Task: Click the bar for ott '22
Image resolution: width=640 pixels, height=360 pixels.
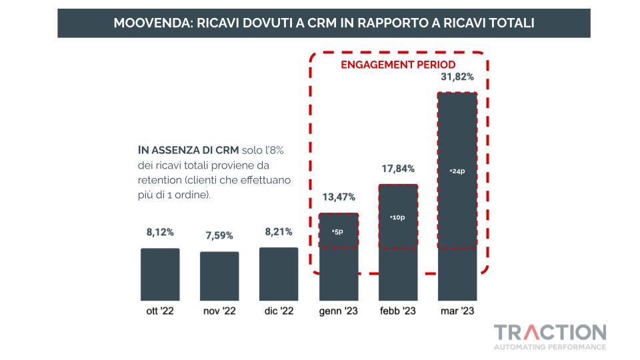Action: (x=160, y=274)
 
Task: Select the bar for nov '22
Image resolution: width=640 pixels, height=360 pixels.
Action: (x=219, y=275)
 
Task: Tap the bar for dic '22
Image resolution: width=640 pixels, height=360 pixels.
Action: (x=279, y=273)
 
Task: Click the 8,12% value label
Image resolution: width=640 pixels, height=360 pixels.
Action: (x=160, y=233)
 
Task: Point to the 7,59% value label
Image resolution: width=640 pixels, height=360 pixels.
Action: (x=219, y=235)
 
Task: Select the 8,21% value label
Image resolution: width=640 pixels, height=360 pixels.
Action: (x=279, y=232)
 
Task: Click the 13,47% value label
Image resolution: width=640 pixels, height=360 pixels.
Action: (x=339, y=197)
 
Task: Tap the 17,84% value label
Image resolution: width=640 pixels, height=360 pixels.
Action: (x=398, y=168)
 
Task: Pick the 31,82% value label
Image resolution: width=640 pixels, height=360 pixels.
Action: (x=457, y=77)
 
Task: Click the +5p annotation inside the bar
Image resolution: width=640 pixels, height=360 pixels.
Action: (x=337, y=231)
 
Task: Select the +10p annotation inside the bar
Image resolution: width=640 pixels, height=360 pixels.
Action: (x=397, y=217)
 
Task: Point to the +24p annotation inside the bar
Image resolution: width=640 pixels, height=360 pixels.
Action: (x=457, y=171)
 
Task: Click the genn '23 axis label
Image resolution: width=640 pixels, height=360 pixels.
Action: (x=339, y=311)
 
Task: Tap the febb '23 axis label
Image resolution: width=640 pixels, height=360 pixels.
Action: (x=398, y=311)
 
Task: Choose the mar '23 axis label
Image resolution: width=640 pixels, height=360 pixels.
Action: (x=457, y=311)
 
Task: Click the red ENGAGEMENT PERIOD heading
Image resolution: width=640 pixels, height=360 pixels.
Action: (x=398, y=65)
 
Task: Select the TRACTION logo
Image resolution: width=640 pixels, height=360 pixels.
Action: (x=550, y=333)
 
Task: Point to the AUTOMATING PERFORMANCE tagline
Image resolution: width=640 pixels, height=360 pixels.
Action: (x=550, y=347)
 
